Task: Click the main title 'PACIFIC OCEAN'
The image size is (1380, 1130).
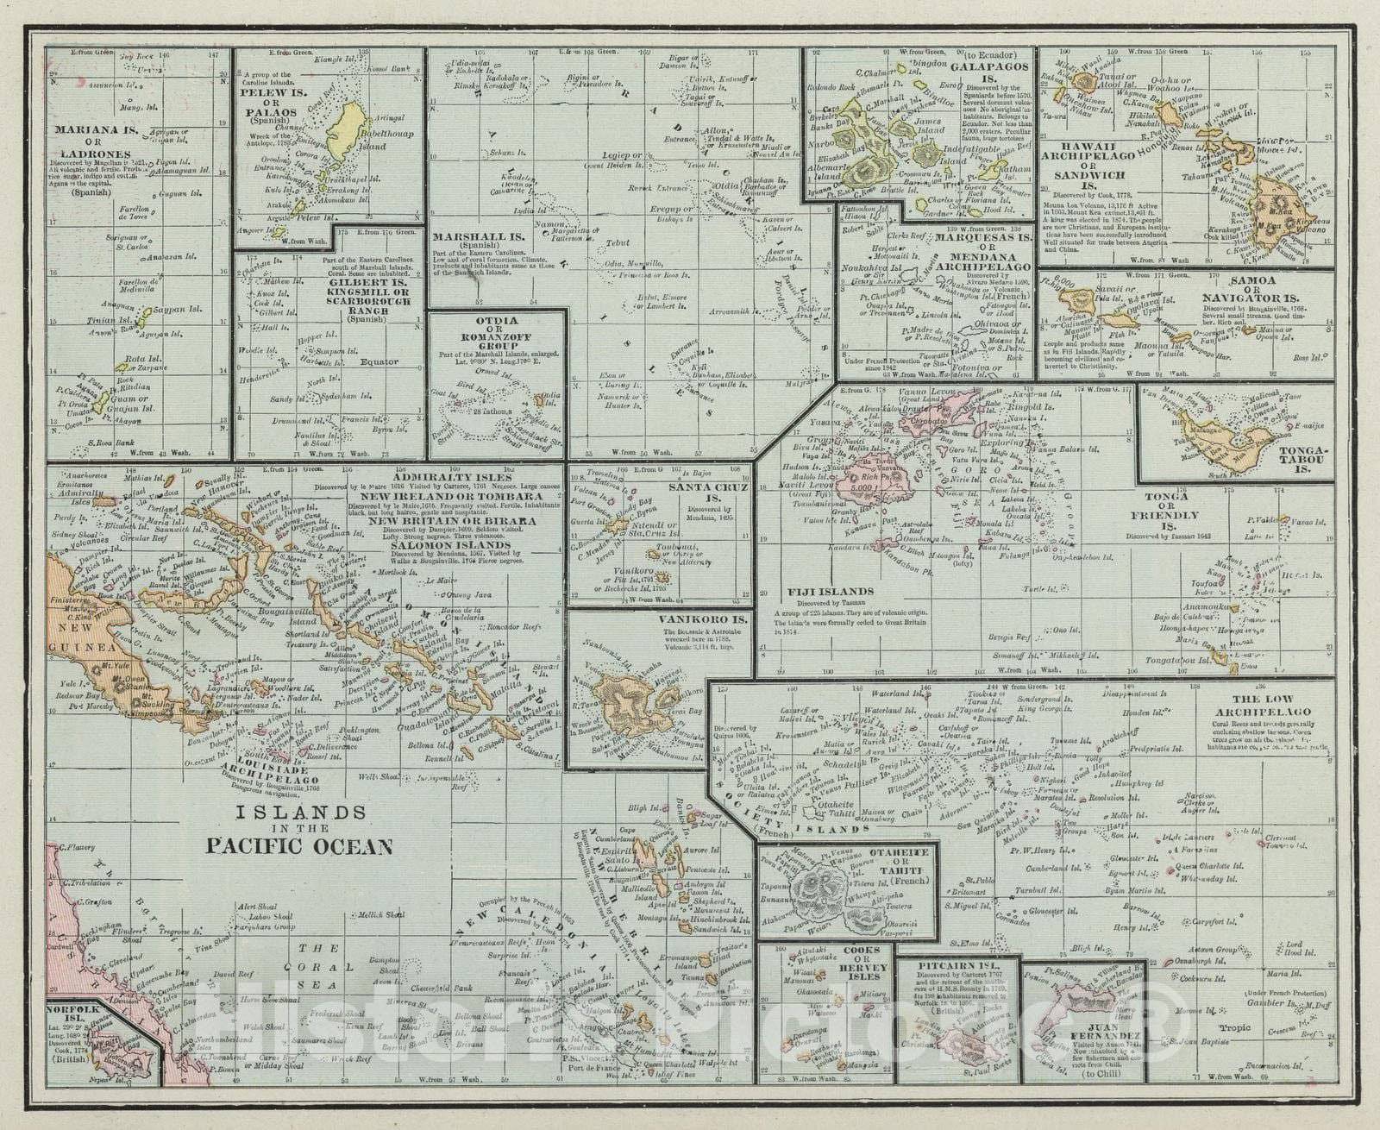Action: coord(299,844)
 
